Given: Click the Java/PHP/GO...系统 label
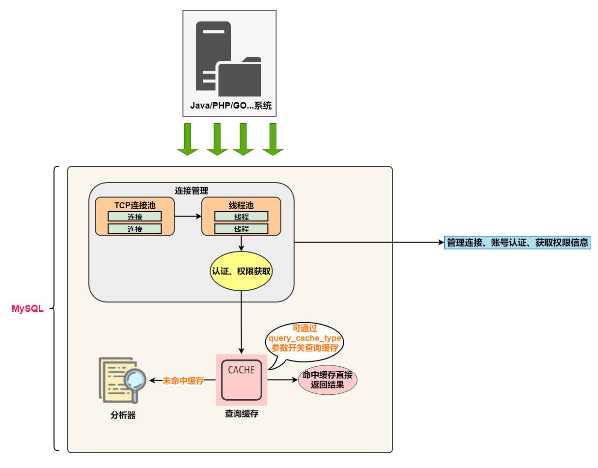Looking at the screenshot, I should (x=230, y=106).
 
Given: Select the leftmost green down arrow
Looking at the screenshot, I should (x=188, y=139).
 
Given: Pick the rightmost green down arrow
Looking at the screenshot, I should (x=273, y=139).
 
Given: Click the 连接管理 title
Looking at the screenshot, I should (x=191, y=191).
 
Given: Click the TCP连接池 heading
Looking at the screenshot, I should (x=135, y=205).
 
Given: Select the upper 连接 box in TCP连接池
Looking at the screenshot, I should (x=135, y=217).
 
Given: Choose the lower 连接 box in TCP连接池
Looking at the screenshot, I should (x=135, y=229).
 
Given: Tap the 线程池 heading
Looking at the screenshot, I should (x=241, y=205).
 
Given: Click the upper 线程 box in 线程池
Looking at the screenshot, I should (x=241, y=217).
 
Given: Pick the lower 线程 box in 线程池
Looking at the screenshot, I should (x=241, y=229).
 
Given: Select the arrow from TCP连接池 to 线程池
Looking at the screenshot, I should (x=188, y=216).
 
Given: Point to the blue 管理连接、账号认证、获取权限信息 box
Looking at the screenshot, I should (x=517, y=243).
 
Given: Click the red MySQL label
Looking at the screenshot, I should (x=27, y=309).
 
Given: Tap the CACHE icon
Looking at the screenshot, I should (x=241, y=380).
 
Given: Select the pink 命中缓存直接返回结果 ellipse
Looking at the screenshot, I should (x=327, y=380).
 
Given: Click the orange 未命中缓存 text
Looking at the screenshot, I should (x=184, y=381).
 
